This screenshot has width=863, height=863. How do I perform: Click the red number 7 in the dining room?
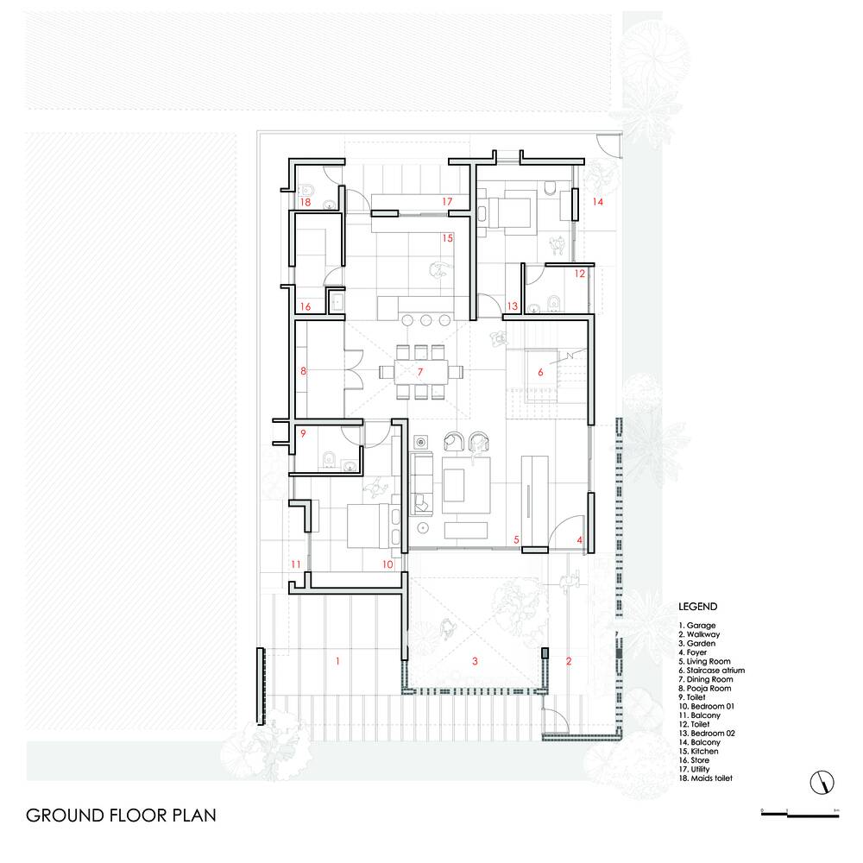[x=420, y=372]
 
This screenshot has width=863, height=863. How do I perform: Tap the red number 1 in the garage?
[x=337, y=661]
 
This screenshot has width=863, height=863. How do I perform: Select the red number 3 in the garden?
[x=475, y=661]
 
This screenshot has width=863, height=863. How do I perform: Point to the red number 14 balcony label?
[x=598, y=201]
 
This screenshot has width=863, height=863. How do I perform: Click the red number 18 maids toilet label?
[x=305, y=202]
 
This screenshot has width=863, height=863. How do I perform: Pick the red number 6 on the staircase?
[x=540, y=372]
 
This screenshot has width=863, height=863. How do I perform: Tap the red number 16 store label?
[x=305, y=306]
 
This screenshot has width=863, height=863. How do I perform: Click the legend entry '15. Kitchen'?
[x=698, y=752]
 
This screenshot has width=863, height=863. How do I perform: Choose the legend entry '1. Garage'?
[x=696, y=626]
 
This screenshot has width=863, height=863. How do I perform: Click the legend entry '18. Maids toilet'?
[x=705, y=778]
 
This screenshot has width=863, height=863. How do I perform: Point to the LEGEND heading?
[x=697, y=607]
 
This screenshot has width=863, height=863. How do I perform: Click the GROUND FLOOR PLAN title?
[x=121, y=816]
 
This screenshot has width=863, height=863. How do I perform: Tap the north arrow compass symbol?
[x=822, y=782]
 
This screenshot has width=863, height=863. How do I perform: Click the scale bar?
[x=800, y=814]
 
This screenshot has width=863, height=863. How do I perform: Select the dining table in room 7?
[x=421, y=372]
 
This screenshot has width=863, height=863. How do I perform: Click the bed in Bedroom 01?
[x=374, y=526]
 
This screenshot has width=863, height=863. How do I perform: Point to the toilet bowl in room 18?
[x=306, y=191]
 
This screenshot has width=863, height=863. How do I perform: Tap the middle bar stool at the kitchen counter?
[x=426, y=320]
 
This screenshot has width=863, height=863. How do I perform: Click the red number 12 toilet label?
[x=580, y=274]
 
